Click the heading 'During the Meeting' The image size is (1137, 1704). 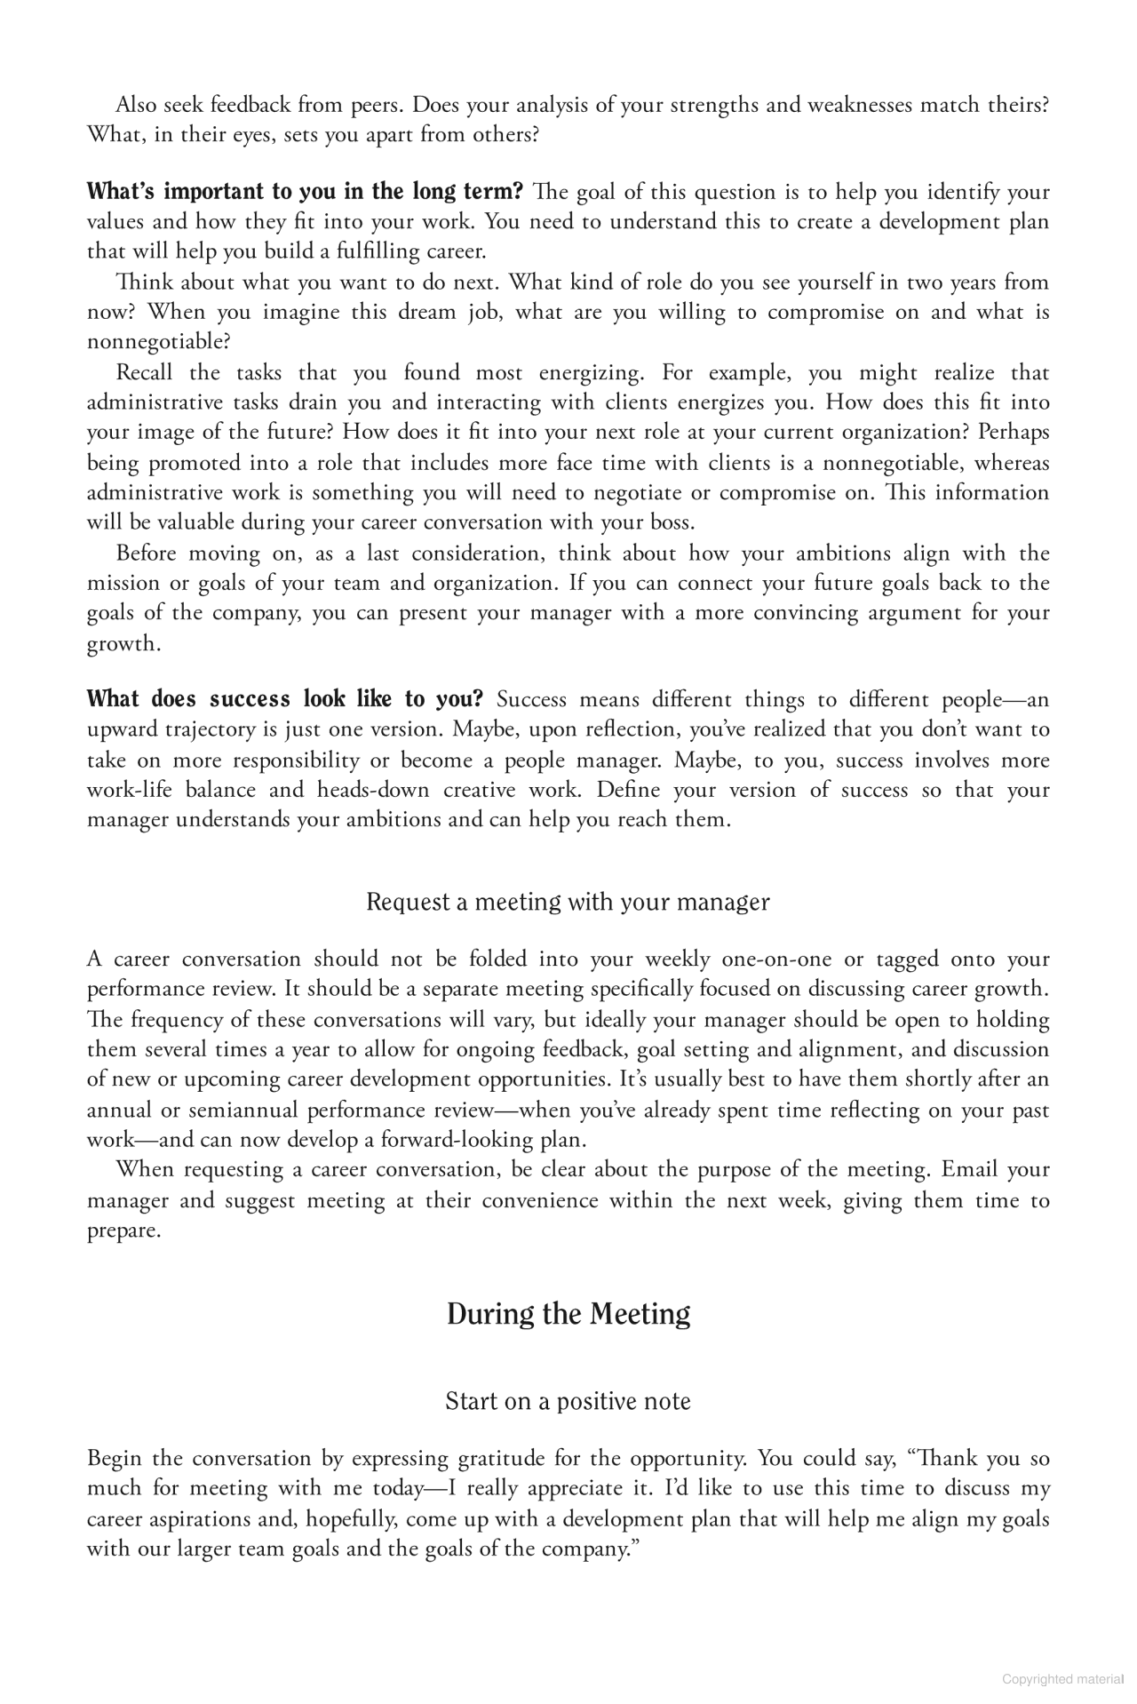(568, 1314)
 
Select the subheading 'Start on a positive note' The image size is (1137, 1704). (568, 1401)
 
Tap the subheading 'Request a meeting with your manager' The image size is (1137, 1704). (568, 902)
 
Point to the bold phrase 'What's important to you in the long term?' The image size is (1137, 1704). (305, 192)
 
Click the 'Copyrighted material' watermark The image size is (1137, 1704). (1062, 1678)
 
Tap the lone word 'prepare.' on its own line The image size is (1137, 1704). (124, 1231)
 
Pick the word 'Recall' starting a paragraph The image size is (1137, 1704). (144, 372)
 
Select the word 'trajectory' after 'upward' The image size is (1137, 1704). (203, 729)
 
